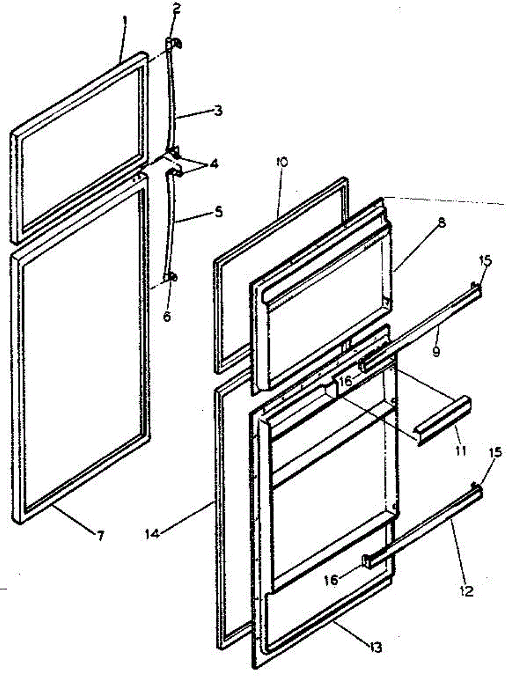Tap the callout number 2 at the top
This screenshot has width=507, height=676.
tap(177, 8)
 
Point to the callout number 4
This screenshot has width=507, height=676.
tap(215, 165)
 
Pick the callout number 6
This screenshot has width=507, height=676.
tap(167, 317)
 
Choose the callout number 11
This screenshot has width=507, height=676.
tap(461, 451)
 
